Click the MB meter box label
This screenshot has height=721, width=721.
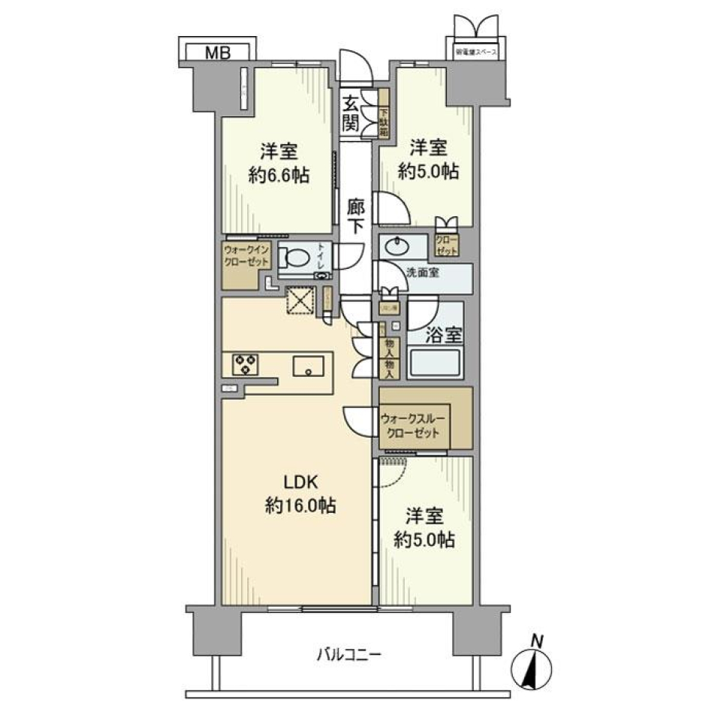point(217,52)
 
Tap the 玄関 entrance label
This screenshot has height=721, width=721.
point(350,114)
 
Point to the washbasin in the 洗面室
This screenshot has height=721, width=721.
point(394,245)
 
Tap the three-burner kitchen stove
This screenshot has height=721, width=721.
point(244,364)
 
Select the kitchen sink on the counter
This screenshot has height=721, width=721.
point(309,367)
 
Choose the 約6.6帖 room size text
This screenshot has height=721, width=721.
point(279,176)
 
